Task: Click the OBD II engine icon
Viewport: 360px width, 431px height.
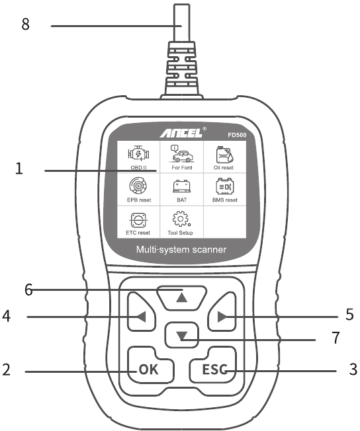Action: tap(138, 153)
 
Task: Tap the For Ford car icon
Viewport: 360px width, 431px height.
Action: tap(181, 153)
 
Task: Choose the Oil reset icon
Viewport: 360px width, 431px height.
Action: tap(224, 155)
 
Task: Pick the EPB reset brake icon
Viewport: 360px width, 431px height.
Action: tap(138, 185)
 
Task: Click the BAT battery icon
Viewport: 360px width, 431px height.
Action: tap(181, 186)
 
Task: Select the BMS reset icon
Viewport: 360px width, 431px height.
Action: tap(225, 186)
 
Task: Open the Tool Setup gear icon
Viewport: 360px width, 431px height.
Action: tap(181, 219)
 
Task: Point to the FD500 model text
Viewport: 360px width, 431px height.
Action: tap(237, 135)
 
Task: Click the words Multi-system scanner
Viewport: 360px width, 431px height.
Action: tap(181, 250)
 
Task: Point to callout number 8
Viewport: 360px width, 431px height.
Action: tap(25, 24)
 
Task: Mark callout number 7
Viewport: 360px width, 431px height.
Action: tap(336, 338)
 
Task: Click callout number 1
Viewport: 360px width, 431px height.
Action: tap(19, 169)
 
